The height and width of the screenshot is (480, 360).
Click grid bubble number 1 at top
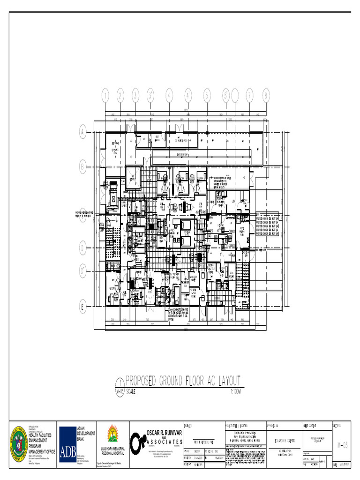click(x=105, y=96)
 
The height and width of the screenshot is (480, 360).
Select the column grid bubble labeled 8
click(x=266, y=96)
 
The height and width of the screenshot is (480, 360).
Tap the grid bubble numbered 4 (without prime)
click(x=169, y=96)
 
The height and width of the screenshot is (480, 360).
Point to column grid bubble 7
click(x=250, y=96)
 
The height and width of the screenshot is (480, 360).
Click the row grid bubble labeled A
click(x=82, y=133)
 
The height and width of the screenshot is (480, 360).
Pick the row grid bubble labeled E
click(x=82, y=308)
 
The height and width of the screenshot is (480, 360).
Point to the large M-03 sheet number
click(x=343, y=444)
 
